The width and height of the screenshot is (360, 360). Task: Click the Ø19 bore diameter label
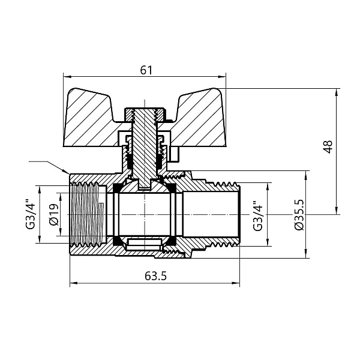pos(54,215)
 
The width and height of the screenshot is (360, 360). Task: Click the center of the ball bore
pos(144,215)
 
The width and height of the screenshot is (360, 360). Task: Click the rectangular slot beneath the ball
pos(144,244)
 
